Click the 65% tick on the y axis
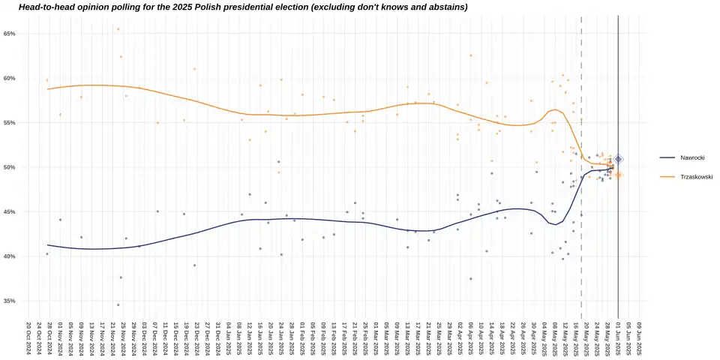pos(9,34)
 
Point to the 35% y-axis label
pos(9,301)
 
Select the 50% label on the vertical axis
pos(9,167)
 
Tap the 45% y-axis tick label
pos(9,212)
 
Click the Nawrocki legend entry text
pos(691,157)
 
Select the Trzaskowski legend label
pos(696,176)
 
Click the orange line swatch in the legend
pos(667,176)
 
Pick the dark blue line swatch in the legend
pos(667,157)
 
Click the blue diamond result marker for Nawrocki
pos(618,159)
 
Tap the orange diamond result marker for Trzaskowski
pos(618,175)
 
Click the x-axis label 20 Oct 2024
pos(28,338)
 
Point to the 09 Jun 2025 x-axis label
pos(639,338)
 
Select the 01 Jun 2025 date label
pos(618,338)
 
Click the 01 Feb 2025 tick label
pos(301,338)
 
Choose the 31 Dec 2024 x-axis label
pos(217,338)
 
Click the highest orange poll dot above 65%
pos(118,29)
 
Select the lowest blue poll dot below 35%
pos(118,304)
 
